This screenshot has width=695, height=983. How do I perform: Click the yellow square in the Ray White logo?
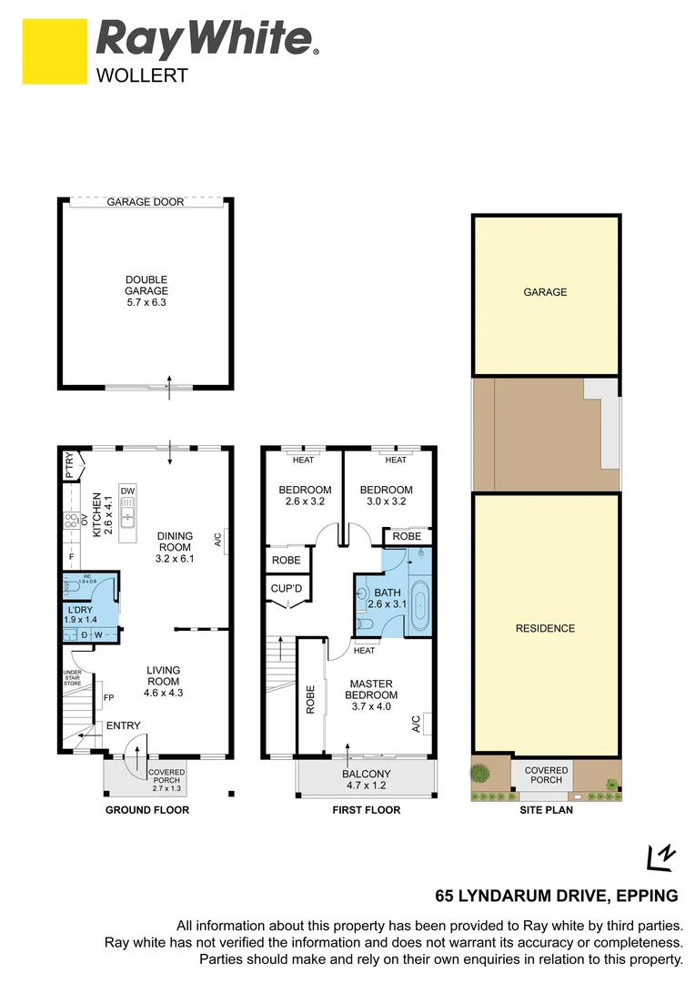tap(55, 51)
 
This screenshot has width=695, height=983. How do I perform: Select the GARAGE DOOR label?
tap(146, 202)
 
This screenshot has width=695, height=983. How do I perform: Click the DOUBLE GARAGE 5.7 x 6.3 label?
tap(146, 291)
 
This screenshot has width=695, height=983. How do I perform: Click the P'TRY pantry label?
tap(68, 466)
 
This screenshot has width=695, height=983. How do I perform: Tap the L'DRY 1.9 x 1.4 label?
tap(80, 613)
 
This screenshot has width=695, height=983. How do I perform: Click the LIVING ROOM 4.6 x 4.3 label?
tap(164, 681)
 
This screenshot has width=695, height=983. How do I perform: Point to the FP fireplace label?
tap(108, 698)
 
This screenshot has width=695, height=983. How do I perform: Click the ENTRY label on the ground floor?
tap(123, 725)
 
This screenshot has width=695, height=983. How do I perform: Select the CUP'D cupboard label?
tap(287, 589)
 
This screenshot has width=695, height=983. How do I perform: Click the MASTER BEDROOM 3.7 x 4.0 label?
tap(370, 694)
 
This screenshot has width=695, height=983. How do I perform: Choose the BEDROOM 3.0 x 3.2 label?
tap(386, 496)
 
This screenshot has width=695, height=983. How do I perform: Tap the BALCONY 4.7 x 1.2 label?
tap(366, 779)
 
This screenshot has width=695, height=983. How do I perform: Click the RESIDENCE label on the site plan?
tap(546, 628)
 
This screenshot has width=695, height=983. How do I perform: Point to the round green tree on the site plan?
tap(479, 774)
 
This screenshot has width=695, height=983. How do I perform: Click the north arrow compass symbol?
tap(660, 856)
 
